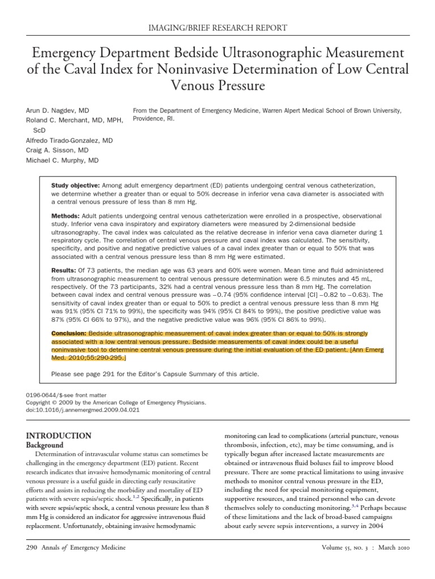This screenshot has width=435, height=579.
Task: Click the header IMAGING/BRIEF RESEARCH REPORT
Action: [217, 28]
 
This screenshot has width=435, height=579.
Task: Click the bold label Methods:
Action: [66, 217]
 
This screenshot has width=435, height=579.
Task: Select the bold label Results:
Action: [65, 271]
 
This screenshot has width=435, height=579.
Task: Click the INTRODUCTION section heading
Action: [59, 435]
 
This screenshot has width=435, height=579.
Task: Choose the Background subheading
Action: [46, 445]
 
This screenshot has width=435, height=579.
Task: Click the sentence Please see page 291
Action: [155, 374]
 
